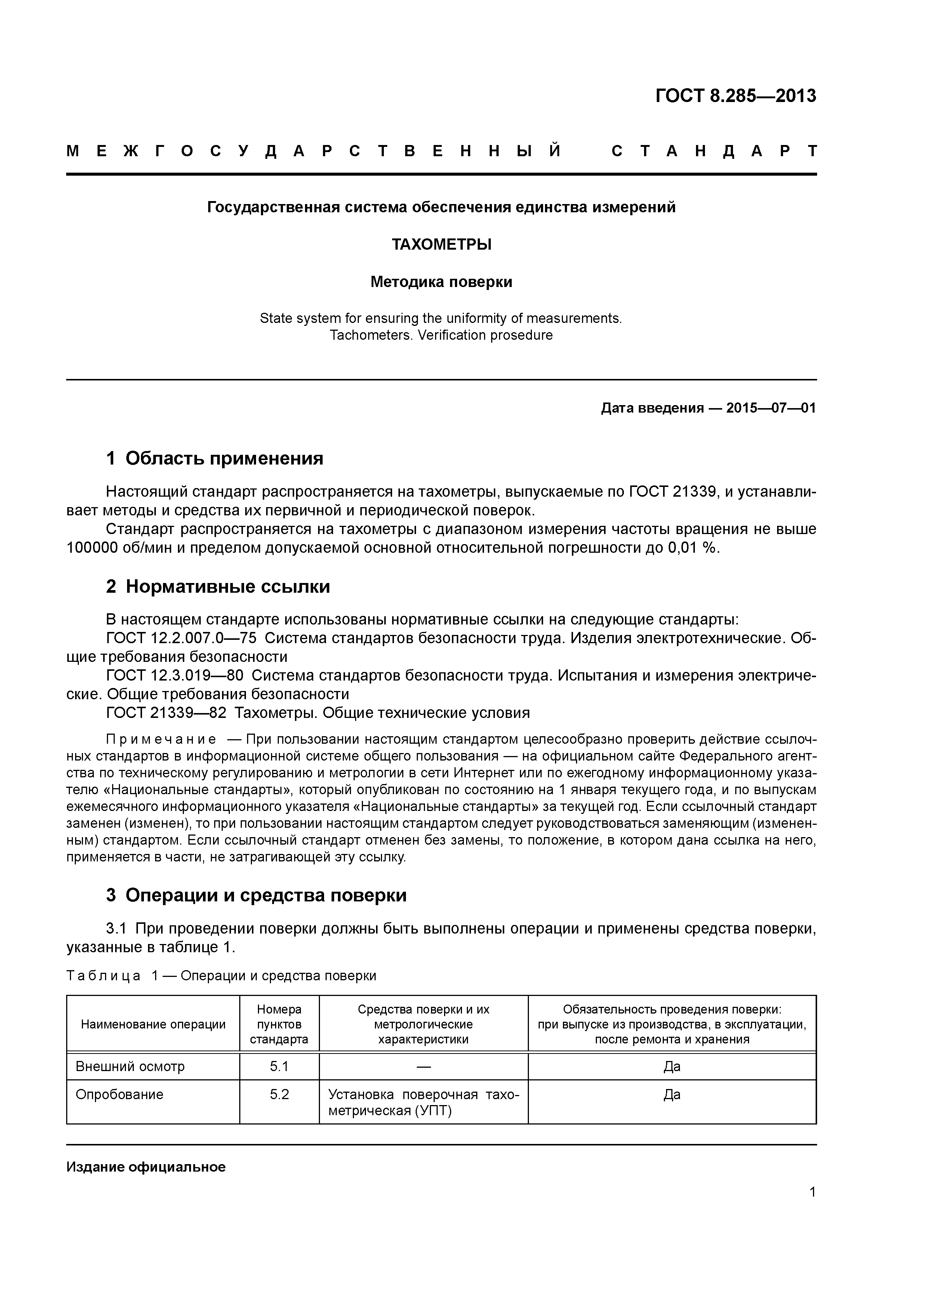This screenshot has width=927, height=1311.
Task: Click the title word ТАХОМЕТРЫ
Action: [x=441, y=244]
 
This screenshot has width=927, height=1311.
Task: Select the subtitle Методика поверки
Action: [x=441, y=282]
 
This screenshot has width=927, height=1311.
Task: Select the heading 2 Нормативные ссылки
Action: [x=218, y=586]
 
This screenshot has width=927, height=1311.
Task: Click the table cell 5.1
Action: [x=279, y=1067]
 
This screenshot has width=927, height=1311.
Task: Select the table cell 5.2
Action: [x=279, y=1095]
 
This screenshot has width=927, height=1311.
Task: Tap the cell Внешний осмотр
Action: [x=130, y=1067]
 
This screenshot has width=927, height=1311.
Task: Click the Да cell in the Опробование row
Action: [x=672, y=1095]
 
